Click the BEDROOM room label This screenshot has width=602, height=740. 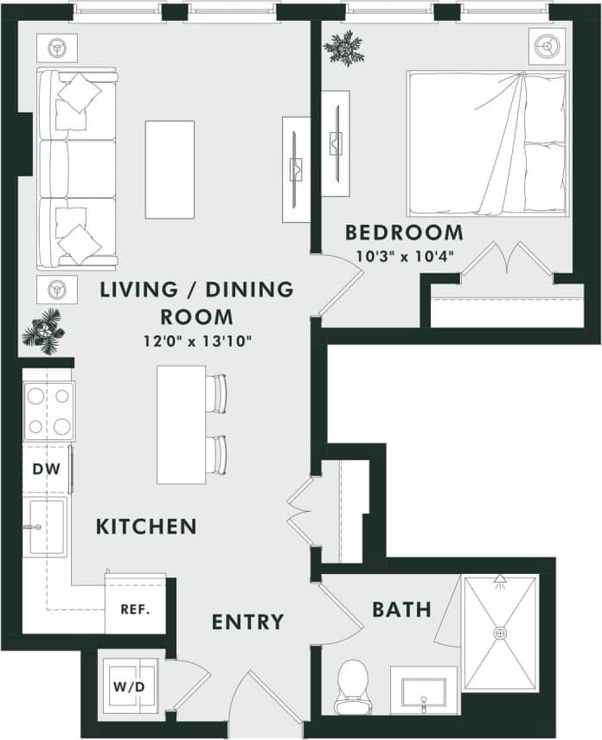404,233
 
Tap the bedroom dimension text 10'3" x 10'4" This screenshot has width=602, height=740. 405,256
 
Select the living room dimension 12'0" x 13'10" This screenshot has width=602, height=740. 196,341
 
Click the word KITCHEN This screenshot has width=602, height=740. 146,526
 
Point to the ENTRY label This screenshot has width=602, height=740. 247,622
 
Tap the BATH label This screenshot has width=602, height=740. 401,609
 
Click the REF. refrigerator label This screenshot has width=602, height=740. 135,609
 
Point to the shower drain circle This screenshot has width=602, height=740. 500,633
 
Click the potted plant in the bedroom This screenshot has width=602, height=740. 343,48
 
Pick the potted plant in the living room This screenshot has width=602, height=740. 42,330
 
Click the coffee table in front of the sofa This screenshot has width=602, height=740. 170,169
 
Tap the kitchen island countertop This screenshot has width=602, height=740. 182,424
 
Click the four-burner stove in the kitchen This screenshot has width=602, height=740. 48,411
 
